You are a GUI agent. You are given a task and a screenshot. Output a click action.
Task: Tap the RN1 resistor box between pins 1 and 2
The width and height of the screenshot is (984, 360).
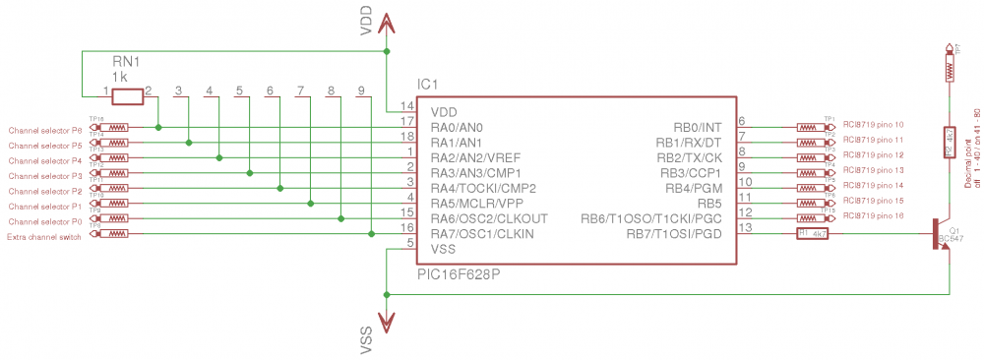click(128, 96)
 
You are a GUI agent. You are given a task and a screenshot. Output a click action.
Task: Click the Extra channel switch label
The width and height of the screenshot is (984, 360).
click(45, 237)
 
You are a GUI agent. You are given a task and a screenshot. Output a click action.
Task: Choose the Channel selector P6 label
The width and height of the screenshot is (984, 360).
click(45, 131)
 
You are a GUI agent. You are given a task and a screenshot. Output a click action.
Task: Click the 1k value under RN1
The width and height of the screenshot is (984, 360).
click(119, 75)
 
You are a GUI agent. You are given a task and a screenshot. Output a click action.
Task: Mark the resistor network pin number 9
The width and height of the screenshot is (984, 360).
click(363, 90)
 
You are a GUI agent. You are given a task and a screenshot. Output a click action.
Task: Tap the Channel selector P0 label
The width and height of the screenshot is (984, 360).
click(45, 221)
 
